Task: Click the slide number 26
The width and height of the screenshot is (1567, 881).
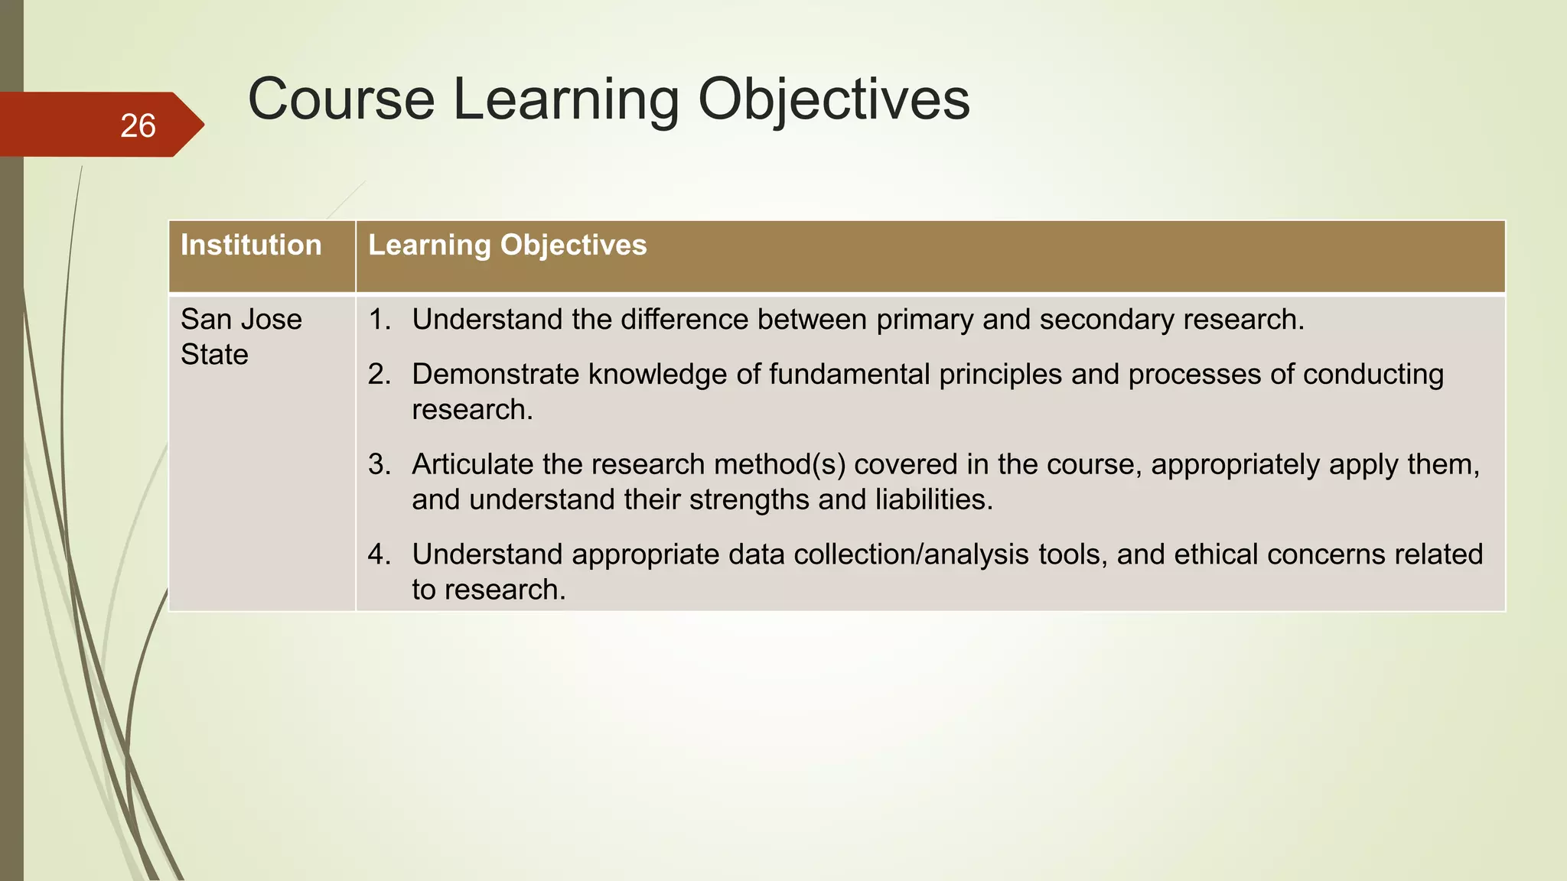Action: click(138, 126)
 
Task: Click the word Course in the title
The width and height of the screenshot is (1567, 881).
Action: click(341, 99)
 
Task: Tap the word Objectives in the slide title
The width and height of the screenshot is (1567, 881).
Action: click(833, 99)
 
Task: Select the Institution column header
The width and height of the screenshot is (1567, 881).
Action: click(251, 245)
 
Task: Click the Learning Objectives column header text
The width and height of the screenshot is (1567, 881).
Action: click(507, 245)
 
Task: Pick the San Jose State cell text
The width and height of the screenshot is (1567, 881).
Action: click(240, 336)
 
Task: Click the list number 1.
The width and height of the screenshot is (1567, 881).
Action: click(379, 320)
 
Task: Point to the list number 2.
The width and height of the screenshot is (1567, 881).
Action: click(379, 375)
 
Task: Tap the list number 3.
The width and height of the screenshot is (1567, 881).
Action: click(379, 465)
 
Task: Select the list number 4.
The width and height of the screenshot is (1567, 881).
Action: click(379, 554)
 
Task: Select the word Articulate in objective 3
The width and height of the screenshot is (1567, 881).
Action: click(472, 465)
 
